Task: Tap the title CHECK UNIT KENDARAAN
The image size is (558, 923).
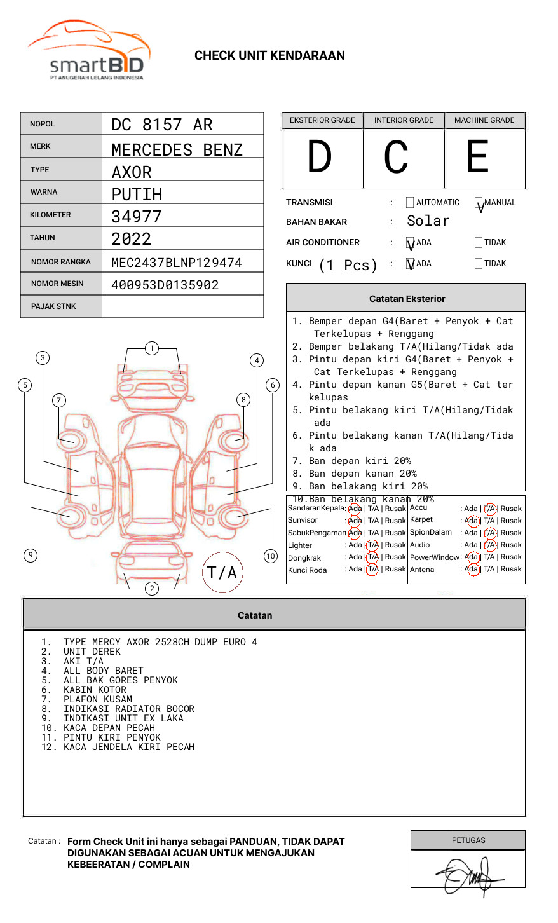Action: click(269, 56)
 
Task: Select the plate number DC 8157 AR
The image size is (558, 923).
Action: click(162, 125)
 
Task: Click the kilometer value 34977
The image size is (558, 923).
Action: click(137, 217)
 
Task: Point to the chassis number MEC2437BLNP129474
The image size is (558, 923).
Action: click(177, 263)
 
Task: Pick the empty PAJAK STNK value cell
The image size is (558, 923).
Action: click(182, 306)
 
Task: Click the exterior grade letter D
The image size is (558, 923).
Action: click(320, 158)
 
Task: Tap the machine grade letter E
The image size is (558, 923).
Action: click(477, 158)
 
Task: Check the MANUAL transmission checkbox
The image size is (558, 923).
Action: click(479, 203)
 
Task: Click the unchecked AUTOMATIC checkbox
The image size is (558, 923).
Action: click(410, 203)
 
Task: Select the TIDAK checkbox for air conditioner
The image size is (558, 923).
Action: click(479, 243)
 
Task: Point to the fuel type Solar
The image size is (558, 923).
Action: click(428, 221)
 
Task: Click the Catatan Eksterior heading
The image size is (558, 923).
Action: click(407, 299)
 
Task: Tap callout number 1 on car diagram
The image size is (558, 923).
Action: click(151, 348)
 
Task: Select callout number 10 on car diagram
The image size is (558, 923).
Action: click(271, 556)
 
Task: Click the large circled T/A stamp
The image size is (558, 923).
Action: click(222, 573)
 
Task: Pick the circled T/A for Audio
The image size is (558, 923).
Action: click(489, 545)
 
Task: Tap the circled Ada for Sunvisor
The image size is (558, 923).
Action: click(355, 521)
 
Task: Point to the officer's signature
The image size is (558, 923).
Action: click(468, 875)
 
